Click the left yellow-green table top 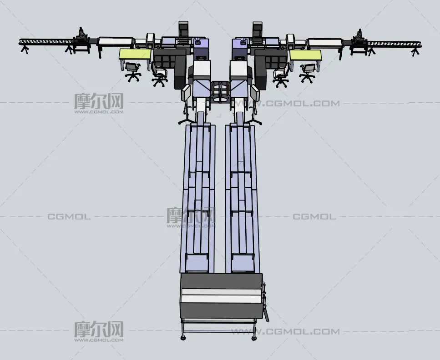[x=135, y=54]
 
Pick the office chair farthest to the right [x=308, y=73]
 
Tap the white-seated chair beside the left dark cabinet [x=159, y=74]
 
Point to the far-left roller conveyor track [x=46, y=42]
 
